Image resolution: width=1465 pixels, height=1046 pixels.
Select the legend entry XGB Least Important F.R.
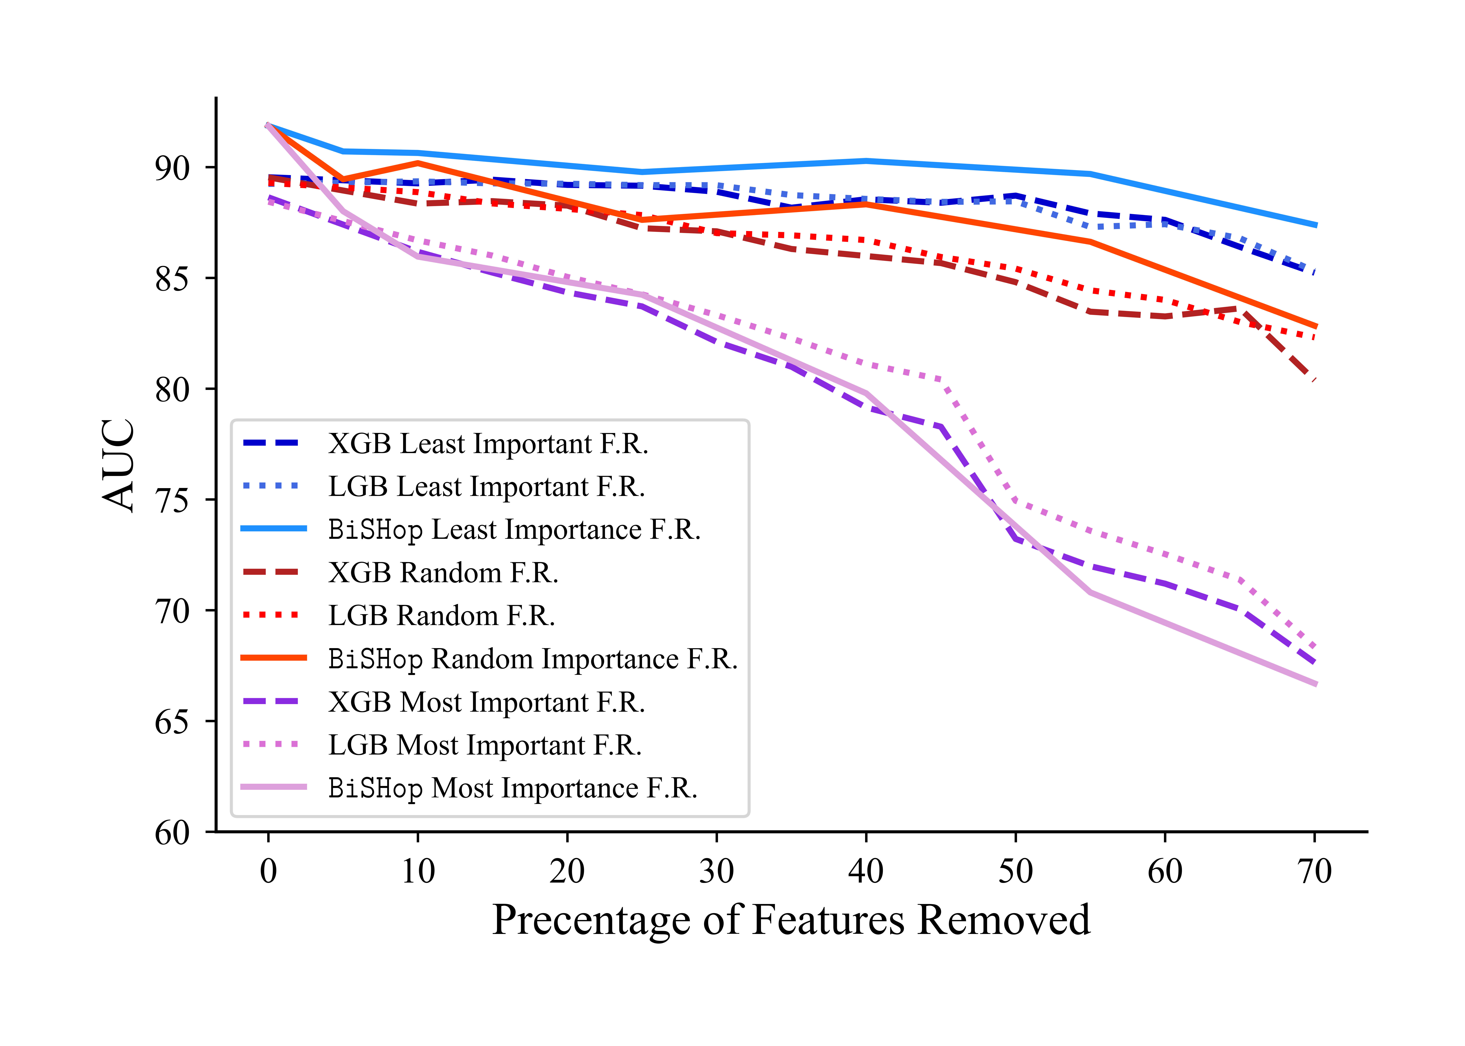point(488,444)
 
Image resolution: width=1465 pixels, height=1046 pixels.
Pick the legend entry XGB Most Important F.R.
point(486,702)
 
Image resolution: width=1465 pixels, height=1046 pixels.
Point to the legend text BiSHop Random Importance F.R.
point(532,659)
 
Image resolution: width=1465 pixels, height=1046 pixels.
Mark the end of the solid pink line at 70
point(1314,684)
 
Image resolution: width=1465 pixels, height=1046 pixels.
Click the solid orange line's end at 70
point(1314,327)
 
